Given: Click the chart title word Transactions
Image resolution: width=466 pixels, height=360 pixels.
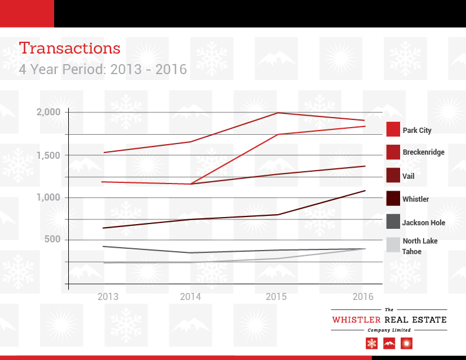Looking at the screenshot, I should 69,48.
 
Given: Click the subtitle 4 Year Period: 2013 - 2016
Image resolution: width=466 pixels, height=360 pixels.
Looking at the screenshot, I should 102,69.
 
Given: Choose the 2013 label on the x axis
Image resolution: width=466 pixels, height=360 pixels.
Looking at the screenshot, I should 108,297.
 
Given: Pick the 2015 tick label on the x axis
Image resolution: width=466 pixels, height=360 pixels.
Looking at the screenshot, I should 277,297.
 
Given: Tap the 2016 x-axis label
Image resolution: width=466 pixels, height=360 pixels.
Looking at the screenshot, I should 363,297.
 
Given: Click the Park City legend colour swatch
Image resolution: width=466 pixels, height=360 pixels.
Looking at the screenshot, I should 393,129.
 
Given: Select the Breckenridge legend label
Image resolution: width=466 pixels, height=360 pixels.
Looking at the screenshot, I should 423,152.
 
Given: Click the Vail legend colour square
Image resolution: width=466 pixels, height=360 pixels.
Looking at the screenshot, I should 393,175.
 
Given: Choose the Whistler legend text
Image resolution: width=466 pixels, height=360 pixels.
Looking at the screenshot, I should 415,199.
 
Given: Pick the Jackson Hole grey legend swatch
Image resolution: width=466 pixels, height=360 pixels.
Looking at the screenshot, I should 393,222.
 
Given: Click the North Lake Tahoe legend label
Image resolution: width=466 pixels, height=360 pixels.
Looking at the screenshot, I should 420,246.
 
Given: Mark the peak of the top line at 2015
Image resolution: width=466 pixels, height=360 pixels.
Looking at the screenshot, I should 277,112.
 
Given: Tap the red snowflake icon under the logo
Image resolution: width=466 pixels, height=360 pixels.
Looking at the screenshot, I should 371,343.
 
